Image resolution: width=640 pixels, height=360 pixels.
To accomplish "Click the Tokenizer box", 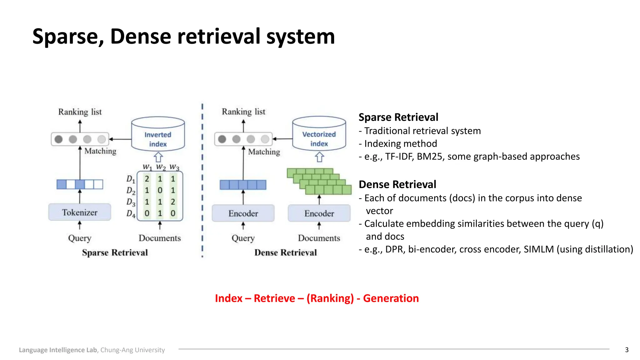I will [80, 212].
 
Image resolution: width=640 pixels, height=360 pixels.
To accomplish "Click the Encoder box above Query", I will [243, 213].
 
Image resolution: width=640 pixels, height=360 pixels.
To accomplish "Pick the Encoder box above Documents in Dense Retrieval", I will [319, 213].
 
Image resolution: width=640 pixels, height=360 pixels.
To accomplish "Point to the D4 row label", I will [131, 214].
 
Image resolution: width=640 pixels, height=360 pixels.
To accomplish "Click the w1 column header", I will [147, 167].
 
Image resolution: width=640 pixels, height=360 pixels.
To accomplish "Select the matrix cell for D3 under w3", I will [173, 202].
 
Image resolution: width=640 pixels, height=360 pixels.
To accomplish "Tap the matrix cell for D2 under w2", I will [160, 190].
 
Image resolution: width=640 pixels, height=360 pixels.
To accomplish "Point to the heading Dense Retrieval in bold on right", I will [397, 184].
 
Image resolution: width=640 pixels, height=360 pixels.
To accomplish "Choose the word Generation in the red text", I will [391, 298].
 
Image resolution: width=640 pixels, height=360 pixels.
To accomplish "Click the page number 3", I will [627, 350].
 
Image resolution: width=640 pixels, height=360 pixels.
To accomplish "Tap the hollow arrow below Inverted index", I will [158, 157].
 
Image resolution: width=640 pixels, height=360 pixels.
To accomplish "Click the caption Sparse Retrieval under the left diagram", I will [115, 252].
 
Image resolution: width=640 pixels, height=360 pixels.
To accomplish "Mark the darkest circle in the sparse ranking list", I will [58, 139].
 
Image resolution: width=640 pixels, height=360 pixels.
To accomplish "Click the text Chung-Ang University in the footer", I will [132, 350].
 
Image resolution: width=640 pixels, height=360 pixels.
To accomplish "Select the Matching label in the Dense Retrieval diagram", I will [264, 152].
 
